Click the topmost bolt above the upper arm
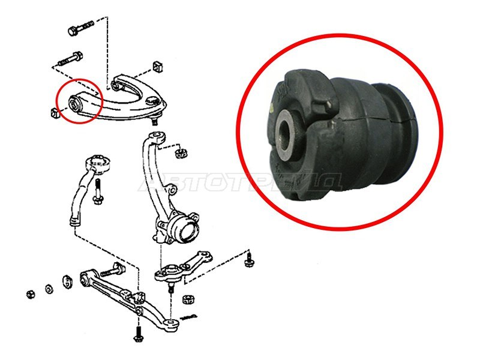coord(80,28)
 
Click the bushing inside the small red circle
coord(76,103)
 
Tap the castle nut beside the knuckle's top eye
coord(178,153)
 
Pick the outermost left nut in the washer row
coord(29,293)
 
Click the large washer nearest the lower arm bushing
coord(68,281)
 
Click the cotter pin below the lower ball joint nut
coord(190,316)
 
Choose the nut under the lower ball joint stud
coord(187,298)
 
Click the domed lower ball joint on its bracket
coord(163,274)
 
